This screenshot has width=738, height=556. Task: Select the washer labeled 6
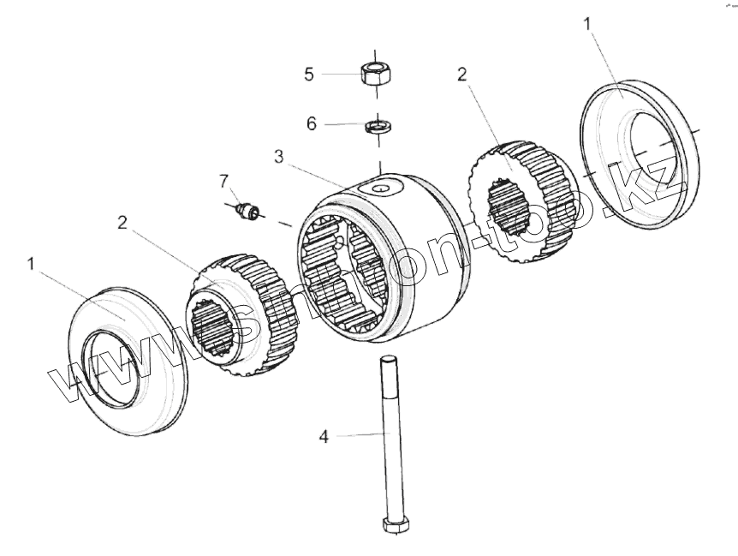[378, 128]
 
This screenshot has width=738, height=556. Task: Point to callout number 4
[324, 437]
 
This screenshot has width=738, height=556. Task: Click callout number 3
[278, 157]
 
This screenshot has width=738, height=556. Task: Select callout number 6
[312, 123]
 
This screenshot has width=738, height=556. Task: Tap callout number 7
[224, 180]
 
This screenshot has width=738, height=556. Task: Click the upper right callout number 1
[587, 24]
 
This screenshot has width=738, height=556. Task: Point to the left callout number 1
[31, 264]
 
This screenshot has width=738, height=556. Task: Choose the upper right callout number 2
[461, 74]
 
